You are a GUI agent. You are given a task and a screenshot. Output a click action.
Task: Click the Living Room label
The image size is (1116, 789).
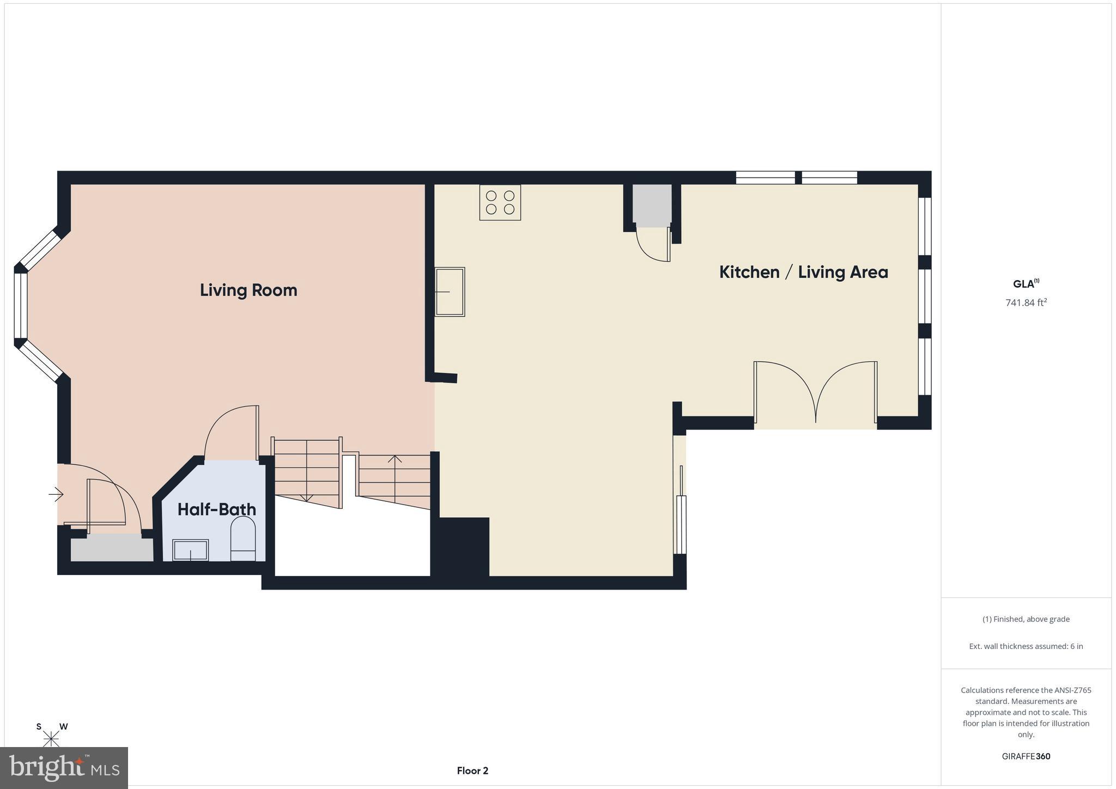click(248, 290)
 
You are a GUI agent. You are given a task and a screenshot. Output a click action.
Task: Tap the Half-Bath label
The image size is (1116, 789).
click(216, 509)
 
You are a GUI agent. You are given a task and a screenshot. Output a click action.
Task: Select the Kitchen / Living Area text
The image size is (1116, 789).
click(803, 272)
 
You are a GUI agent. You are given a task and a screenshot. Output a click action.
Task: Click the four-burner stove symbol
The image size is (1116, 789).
click(500, 202)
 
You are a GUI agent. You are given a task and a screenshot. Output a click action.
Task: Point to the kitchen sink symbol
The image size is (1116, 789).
click(450, 292)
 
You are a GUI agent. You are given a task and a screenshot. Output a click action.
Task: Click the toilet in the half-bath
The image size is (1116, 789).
click(243, 539)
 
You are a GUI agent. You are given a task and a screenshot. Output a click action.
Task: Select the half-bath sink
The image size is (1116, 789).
click(190, 550)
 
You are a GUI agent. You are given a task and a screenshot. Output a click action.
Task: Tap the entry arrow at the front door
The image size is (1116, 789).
click(56, 495)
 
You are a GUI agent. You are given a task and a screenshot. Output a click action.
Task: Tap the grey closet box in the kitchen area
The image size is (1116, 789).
click(652, 205)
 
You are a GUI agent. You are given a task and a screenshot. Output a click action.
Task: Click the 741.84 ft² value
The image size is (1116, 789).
click(1026, 302)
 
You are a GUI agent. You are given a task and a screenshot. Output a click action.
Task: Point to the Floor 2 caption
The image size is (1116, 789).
click(472, 770)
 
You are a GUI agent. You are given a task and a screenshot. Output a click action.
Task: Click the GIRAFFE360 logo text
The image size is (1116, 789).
click(1026, 756)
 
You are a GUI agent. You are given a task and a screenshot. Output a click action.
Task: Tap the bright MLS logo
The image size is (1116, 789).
click(64, 768)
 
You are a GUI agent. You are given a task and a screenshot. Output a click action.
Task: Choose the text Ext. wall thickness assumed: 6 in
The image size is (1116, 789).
click(1026, 646)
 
